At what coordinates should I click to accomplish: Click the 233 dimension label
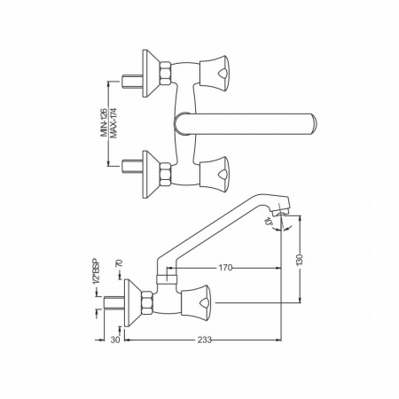point(205,340)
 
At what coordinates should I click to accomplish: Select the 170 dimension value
point(225,268)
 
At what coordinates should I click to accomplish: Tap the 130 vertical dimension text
point(300,259)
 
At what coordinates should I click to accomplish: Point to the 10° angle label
point(269,222)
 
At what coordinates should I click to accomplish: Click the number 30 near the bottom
point(115,340)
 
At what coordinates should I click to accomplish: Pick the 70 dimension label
point(119,263)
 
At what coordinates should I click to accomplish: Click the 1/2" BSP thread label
point(97,272)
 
